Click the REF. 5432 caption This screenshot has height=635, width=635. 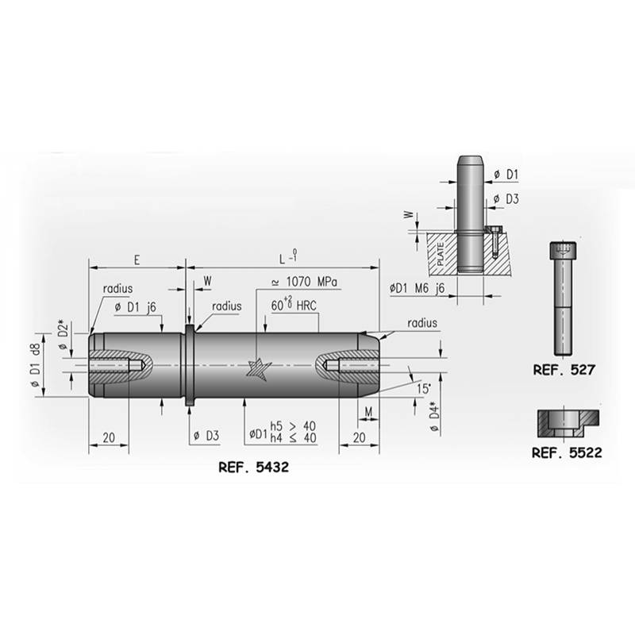(253, 468)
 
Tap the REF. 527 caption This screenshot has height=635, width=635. (564, 370)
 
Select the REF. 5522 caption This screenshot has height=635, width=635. (567, 452)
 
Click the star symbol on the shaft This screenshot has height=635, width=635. (259, 369)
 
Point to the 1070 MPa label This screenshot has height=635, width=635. (304, 282)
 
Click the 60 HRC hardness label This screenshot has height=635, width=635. (294, 305)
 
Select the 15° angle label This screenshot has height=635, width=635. (423, 389)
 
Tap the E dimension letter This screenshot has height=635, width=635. (137, 260)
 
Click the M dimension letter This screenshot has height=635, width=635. (368, 412)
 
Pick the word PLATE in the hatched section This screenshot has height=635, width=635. (441, 254)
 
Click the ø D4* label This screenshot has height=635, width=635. (434, 416)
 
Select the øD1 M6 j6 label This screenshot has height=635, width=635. (418, 288)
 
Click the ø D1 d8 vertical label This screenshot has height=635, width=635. (36, 365)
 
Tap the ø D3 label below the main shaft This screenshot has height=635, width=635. (206, 436)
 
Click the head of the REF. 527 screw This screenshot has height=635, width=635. (563, 251)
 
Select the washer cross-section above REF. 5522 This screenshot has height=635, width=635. (568, 424)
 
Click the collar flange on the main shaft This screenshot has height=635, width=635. (190, 365)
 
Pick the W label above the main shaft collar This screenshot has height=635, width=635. (207, 281)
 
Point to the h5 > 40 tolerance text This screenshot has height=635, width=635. (293, 426)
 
